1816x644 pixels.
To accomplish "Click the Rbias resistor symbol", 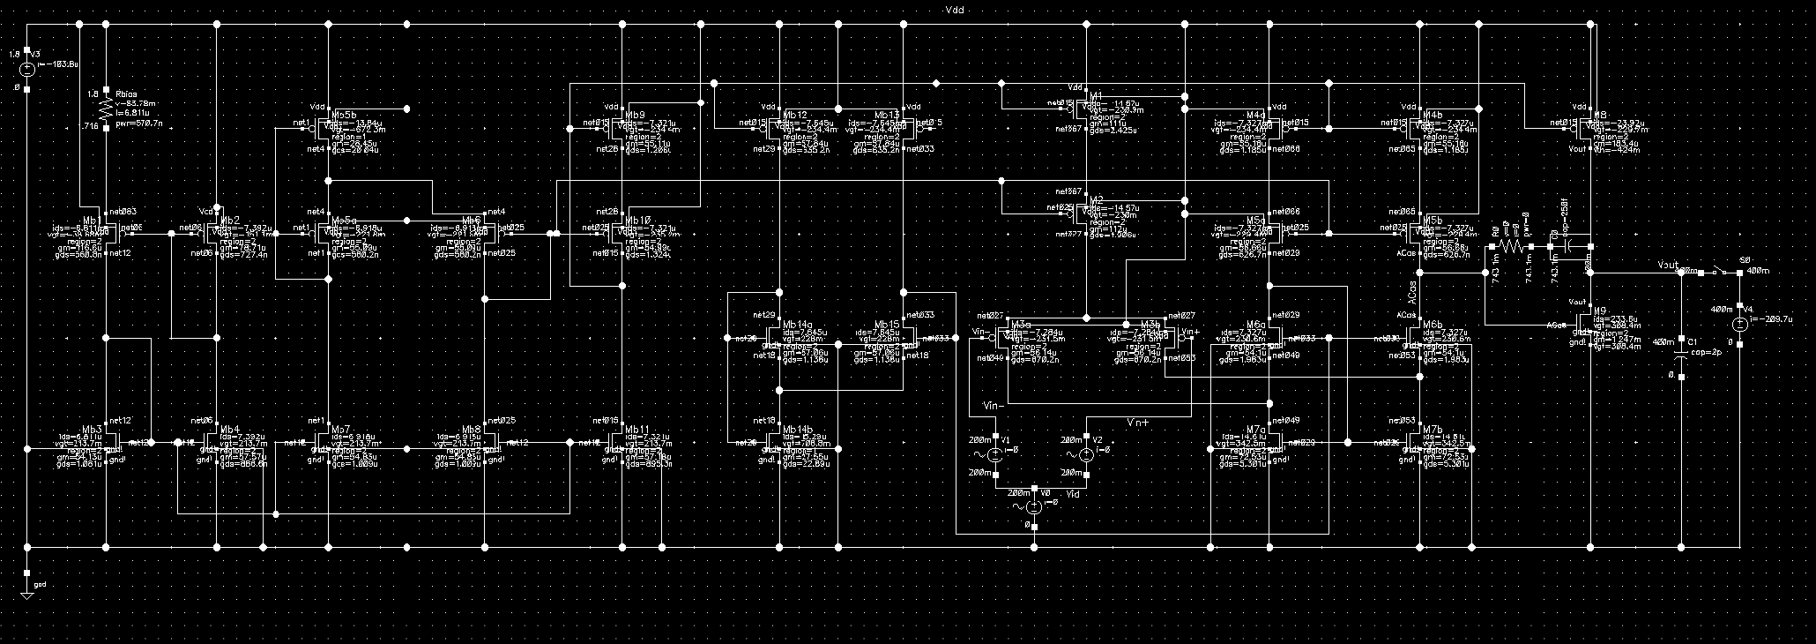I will click(107, 109).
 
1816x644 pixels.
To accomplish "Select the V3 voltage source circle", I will click(27, 70).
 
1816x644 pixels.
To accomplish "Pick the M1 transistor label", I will click(1096, 95).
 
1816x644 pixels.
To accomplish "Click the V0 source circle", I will click(1035, 506).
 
